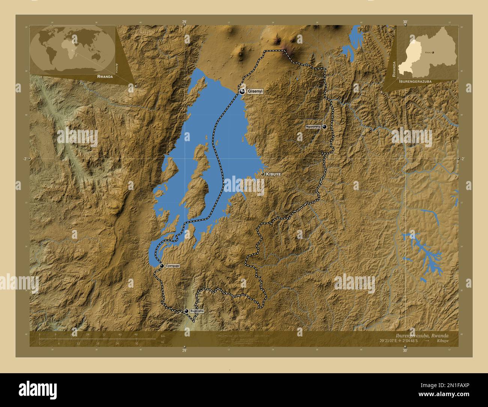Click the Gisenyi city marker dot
[242, 91]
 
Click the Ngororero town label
[313, 127]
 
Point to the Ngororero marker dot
[324, 127]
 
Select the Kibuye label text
[273, 174]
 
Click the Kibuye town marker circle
[263, 174]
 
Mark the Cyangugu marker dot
[162, 266]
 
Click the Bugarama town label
[197, 311]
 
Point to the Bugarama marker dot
[186, 311]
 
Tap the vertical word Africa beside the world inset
[117, 67]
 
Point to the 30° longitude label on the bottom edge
[405, 350]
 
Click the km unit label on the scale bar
[163, 336]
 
